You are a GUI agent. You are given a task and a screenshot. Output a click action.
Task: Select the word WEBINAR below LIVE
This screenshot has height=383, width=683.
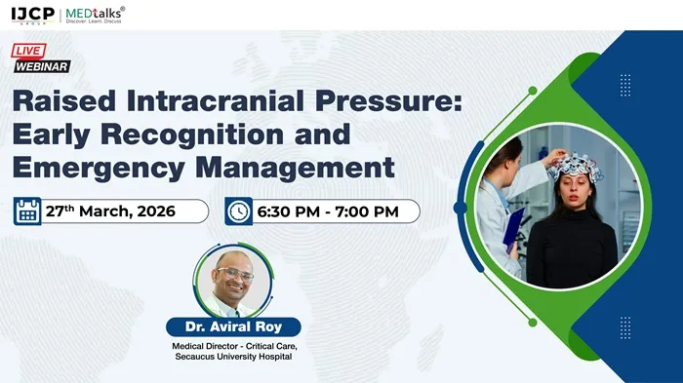coord(41,66)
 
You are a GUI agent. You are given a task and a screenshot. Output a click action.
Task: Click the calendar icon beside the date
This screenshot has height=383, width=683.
coord(27,211)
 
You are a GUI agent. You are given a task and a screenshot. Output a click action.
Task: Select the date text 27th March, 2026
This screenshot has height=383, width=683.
coord(110,211)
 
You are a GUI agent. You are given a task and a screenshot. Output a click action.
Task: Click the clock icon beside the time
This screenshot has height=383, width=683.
coord(238,211)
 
